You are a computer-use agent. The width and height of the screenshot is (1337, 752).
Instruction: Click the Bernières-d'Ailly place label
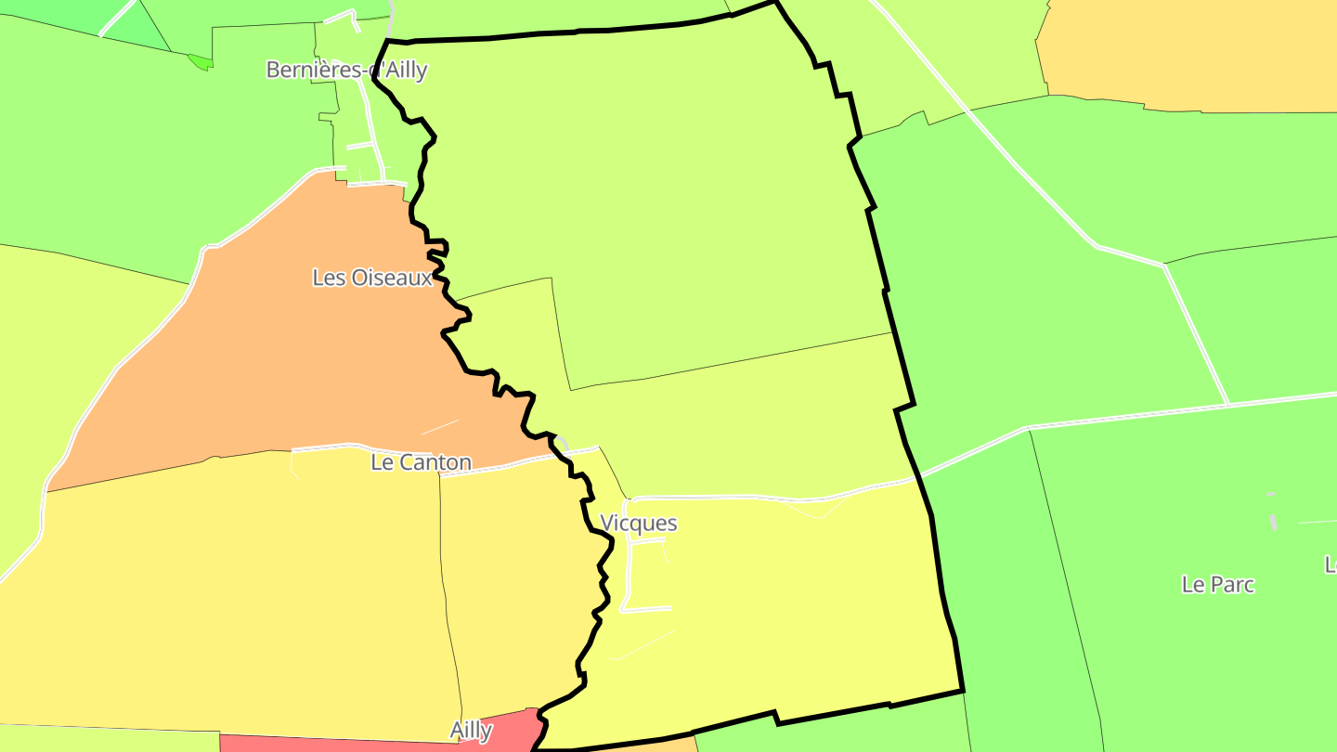tap(346, 70)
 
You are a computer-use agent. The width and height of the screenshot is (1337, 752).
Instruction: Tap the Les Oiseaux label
tap(372, 278)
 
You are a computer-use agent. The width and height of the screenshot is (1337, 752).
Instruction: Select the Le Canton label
tap(421, 462)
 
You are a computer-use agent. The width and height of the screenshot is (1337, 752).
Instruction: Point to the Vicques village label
tap(639, 523)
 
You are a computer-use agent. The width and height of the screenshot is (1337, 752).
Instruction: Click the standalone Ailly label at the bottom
tap(471, 731)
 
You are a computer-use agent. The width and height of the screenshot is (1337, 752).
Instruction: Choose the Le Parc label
tap(1218, 585)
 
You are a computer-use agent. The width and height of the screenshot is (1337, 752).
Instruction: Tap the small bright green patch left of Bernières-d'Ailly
tap(200, 62)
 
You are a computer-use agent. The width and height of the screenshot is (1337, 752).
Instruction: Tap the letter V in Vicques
tap(607, 523)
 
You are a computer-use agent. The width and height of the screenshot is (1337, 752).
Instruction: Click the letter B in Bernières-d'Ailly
tap(273, 70)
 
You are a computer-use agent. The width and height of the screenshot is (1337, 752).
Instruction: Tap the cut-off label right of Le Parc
tap(1331, 564)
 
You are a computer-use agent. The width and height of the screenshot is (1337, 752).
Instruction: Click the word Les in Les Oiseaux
tap(329, 278)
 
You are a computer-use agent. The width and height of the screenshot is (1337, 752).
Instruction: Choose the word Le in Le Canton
tap(382, 462)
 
